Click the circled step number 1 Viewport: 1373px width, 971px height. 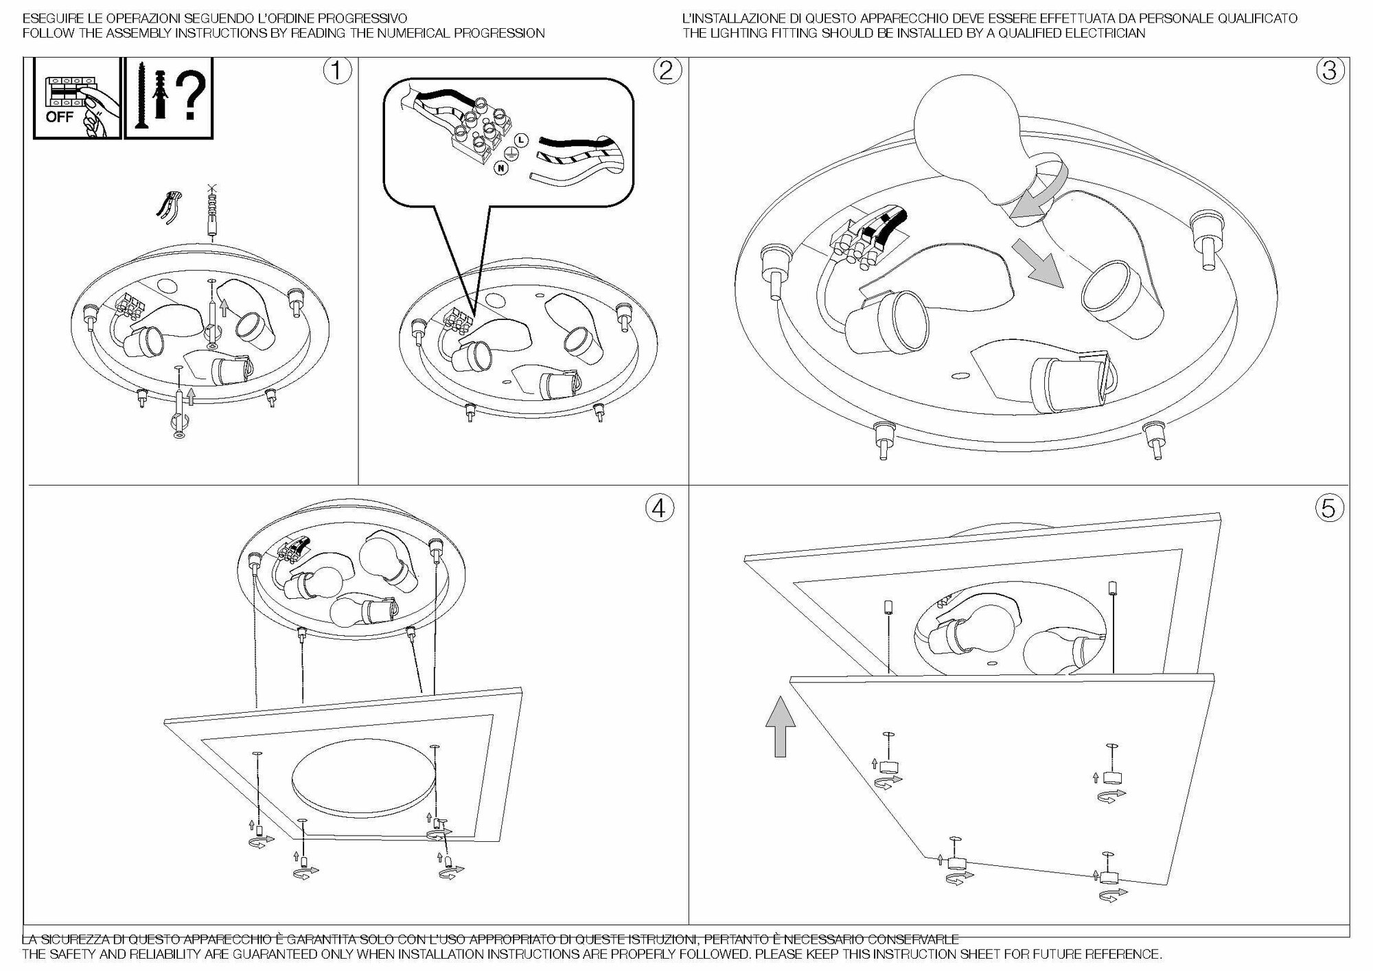337,71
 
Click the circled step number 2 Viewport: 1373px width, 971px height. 667,71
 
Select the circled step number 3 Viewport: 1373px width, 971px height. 1330,71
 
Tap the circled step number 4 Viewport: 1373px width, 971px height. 658,508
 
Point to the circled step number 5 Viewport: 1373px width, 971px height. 1329,508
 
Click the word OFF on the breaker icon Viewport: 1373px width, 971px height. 60,117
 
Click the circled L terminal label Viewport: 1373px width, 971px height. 521,141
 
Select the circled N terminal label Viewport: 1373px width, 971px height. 502,168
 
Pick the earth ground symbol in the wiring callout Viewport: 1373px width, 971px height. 511,155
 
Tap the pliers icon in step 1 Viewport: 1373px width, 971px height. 169,206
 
